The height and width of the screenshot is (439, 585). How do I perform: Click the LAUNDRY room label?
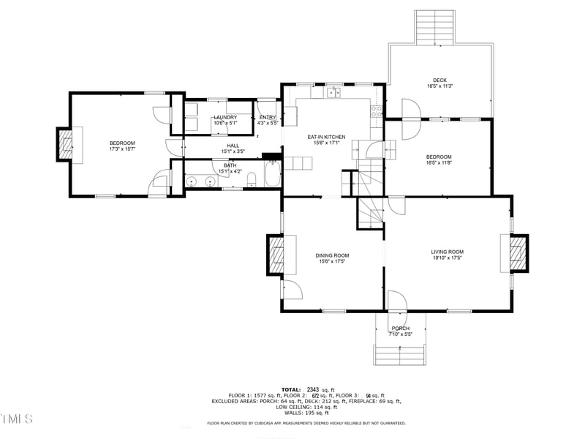point(224,117)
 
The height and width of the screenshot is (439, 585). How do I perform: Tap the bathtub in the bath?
point(271,176)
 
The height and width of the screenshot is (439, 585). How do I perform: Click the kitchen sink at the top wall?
point(333,92)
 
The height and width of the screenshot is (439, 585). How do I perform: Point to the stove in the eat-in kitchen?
point(377,112)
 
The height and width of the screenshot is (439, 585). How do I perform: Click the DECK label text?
point(439,80)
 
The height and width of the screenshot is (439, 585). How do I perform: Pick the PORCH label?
point(400,329)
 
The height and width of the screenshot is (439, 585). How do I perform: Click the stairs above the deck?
point(435,27)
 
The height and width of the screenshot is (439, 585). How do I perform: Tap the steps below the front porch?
point(400,355)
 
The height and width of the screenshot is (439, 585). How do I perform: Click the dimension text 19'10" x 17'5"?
point(447,258)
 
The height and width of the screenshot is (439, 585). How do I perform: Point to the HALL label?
point(233,146)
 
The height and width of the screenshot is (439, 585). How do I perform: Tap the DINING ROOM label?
point(332,255)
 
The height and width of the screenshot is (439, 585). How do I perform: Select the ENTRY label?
point(268,117)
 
